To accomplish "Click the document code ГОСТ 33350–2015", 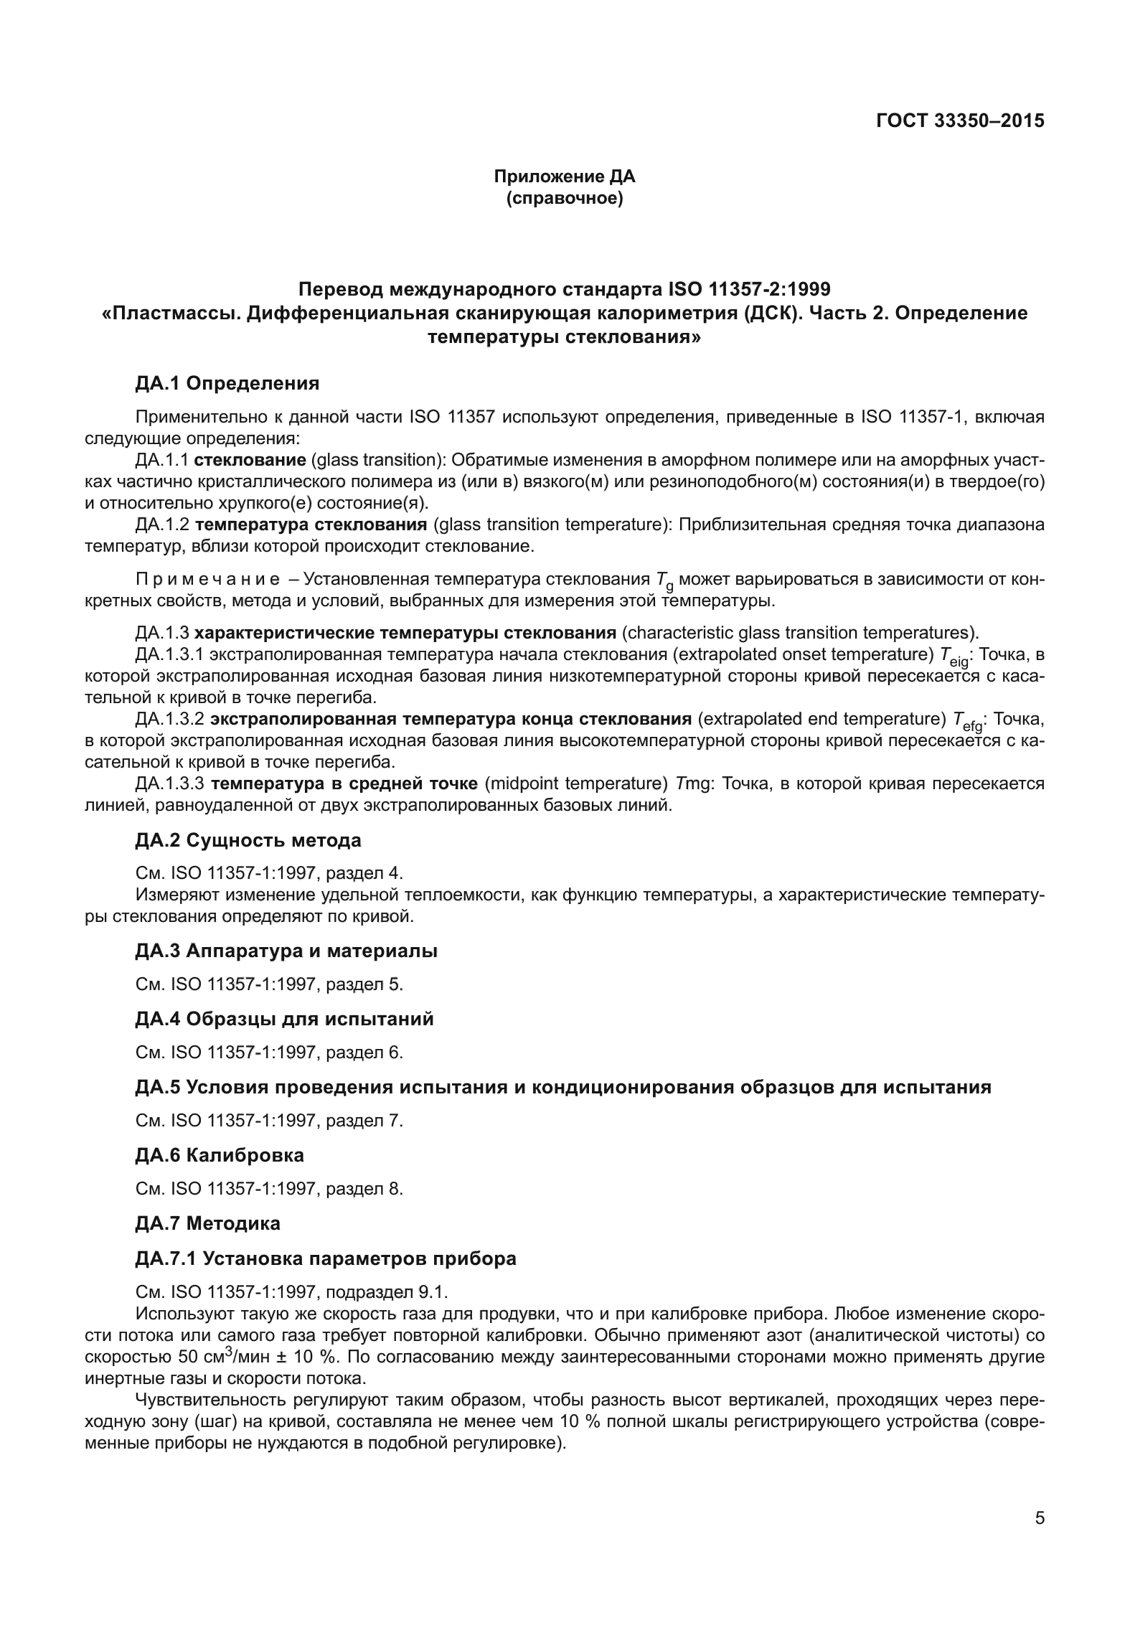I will (960, 121).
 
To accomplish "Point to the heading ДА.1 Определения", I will (227, 384).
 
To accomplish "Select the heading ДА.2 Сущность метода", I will (248, 840).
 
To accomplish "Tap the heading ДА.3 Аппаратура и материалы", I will (286, 951).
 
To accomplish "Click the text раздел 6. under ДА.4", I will (364, 1053).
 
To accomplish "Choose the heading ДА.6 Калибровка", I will (219, 1155).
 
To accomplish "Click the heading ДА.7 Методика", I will (207, 1223).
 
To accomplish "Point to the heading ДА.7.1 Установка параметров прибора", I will (325, 1258).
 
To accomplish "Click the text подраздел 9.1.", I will (387, 1292).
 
